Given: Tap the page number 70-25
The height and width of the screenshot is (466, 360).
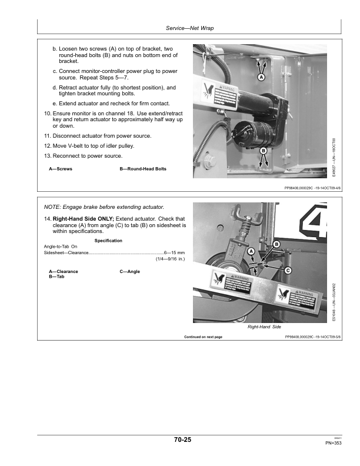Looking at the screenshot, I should point(182,440).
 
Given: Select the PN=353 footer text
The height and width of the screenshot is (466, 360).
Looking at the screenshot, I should point(333,443).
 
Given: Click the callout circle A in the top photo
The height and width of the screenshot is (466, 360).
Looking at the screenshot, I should point(261,77).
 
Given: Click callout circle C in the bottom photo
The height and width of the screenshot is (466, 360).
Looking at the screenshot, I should point(288,270).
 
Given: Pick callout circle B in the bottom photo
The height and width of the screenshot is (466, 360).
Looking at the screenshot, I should point(276,244).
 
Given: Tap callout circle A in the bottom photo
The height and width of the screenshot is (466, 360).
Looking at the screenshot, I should point(251,251).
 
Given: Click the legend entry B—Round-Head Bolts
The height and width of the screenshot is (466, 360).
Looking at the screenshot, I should point(143,169).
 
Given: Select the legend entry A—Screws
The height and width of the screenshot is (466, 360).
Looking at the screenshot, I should point(61,169).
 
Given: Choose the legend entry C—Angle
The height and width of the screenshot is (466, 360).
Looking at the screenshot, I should point(129,272).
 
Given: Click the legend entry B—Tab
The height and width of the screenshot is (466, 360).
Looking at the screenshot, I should point(57,277).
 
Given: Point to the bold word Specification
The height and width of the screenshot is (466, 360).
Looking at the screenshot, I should point(108,241).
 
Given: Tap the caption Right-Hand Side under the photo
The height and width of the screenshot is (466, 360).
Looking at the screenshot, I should point(264,327).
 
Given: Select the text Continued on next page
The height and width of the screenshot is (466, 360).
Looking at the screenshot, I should point(203,337).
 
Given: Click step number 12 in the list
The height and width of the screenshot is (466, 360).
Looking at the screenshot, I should point(48,145).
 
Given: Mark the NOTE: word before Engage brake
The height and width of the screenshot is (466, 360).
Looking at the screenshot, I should point(54,208).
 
